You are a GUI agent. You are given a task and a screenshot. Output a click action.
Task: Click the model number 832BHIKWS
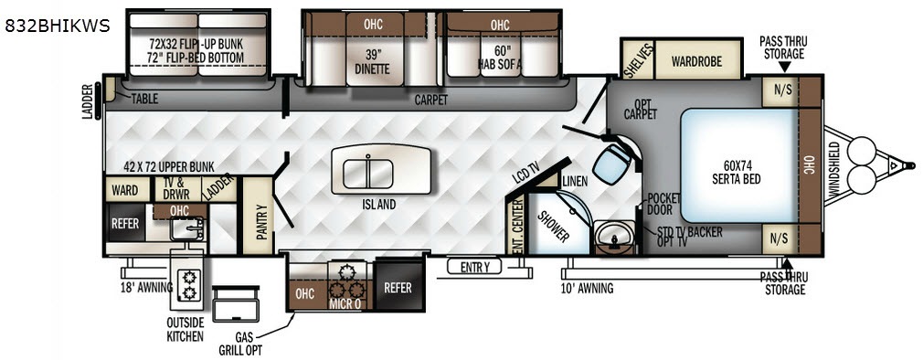(57, 26)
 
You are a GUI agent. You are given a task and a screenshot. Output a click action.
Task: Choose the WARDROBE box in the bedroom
(697, 59)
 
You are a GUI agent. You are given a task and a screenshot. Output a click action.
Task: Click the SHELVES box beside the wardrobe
(639, 59)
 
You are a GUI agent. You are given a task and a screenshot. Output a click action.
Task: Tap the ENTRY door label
(474, 268)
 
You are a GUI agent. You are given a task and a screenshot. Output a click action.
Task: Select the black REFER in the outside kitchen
(125, 223)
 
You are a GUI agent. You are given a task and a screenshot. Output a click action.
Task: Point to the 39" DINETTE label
(372, 62)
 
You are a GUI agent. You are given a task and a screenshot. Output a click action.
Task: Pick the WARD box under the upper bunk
(125, 190)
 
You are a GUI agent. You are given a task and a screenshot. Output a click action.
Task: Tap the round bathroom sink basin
(613, 237)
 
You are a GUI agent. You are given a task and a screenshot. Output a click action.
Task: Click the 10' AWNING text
(586, 288)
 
